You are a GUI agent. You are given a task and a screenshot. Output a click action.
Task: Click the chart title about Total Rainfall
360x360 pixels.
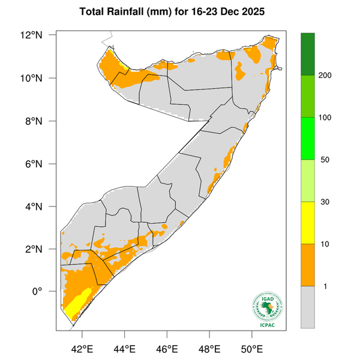[x=179, y=11]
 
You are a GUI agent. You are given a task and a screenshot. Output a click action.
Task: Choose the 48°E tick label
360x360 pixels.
[x=209, y=349]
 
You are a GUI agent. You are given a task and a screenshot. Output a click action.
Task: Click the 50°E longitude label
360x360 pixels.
[x=251, y=349]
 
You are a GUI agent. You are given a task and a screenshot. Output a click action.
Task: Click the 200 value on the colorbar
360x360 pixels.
[x=326, y=76]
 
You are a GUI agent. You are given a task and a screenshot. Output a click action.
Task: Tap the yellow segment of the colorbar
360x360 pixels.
[x=308, y=223]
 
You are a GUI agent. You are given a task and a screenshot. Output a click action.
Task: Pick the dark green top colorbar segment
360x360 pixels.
[x=308, y=54]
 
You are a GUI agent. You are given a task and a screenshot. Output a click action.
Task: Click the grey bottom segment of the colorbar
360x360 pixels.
[x=308, y=307]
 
